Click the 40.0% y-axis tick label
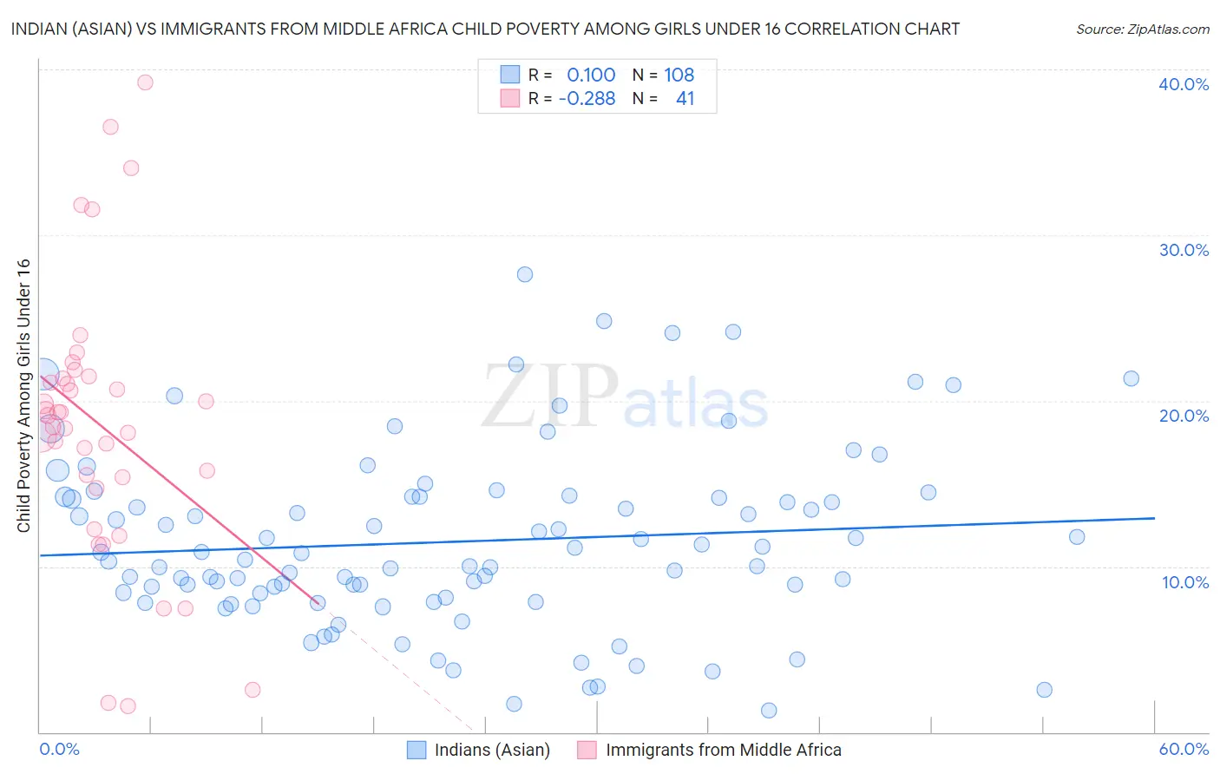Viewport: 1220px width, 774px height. click(1184, 84)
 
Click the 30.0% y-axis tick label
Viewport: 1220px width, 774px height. click(1184, 250)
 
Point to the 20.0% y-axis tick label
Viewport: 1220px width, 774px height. click(1184, 416)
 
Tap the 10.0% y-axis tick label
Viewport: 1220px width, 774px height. click(1185, 582)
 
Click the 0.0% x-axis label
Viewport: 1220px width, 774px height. click(59, 749)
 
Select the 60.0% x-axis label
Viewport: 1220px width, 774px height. click(1184, 749)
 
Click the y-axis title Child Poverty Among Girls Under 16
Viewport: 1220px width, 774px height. click(23, 396)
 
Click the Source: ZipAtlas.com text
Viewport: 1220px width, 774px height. click(1142, 30)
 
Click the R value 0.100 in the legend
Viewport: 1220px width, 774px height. click(591, 75)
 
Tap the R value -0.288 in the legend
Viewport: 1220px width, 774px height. click(587, 99)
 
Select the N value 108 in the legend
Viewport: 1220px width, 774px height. click(679, 75)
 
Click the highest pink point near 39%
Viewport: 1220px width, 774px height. click(145, 82)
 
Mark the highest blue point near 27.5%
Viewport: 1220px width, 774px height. click(525, 274)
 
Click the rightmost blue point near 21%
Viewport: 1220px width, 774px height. click(1131, 378)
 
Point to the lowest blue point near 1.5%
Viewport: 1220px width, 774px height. click(769, 711)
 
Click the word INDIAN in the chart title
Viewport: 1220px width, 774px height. click(39, 29)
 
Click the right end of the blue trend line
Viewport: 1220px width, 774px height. click(1154, 518)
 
